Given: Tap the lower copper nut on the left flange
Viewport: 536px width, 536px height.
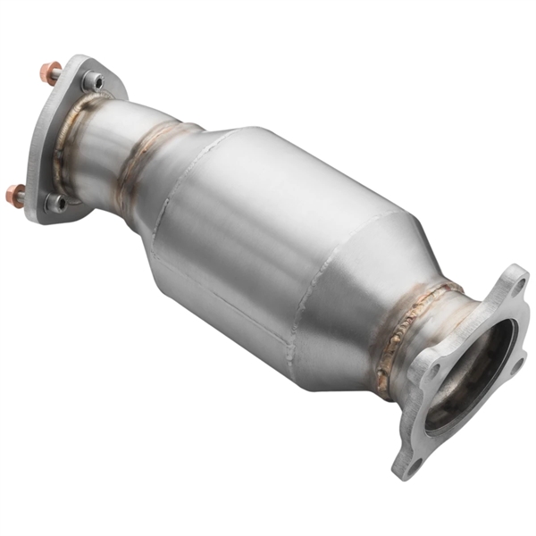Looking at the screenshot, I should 15,193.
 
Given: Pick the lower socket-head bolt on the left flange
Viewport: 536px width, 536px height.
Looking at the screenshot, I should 56,203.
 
